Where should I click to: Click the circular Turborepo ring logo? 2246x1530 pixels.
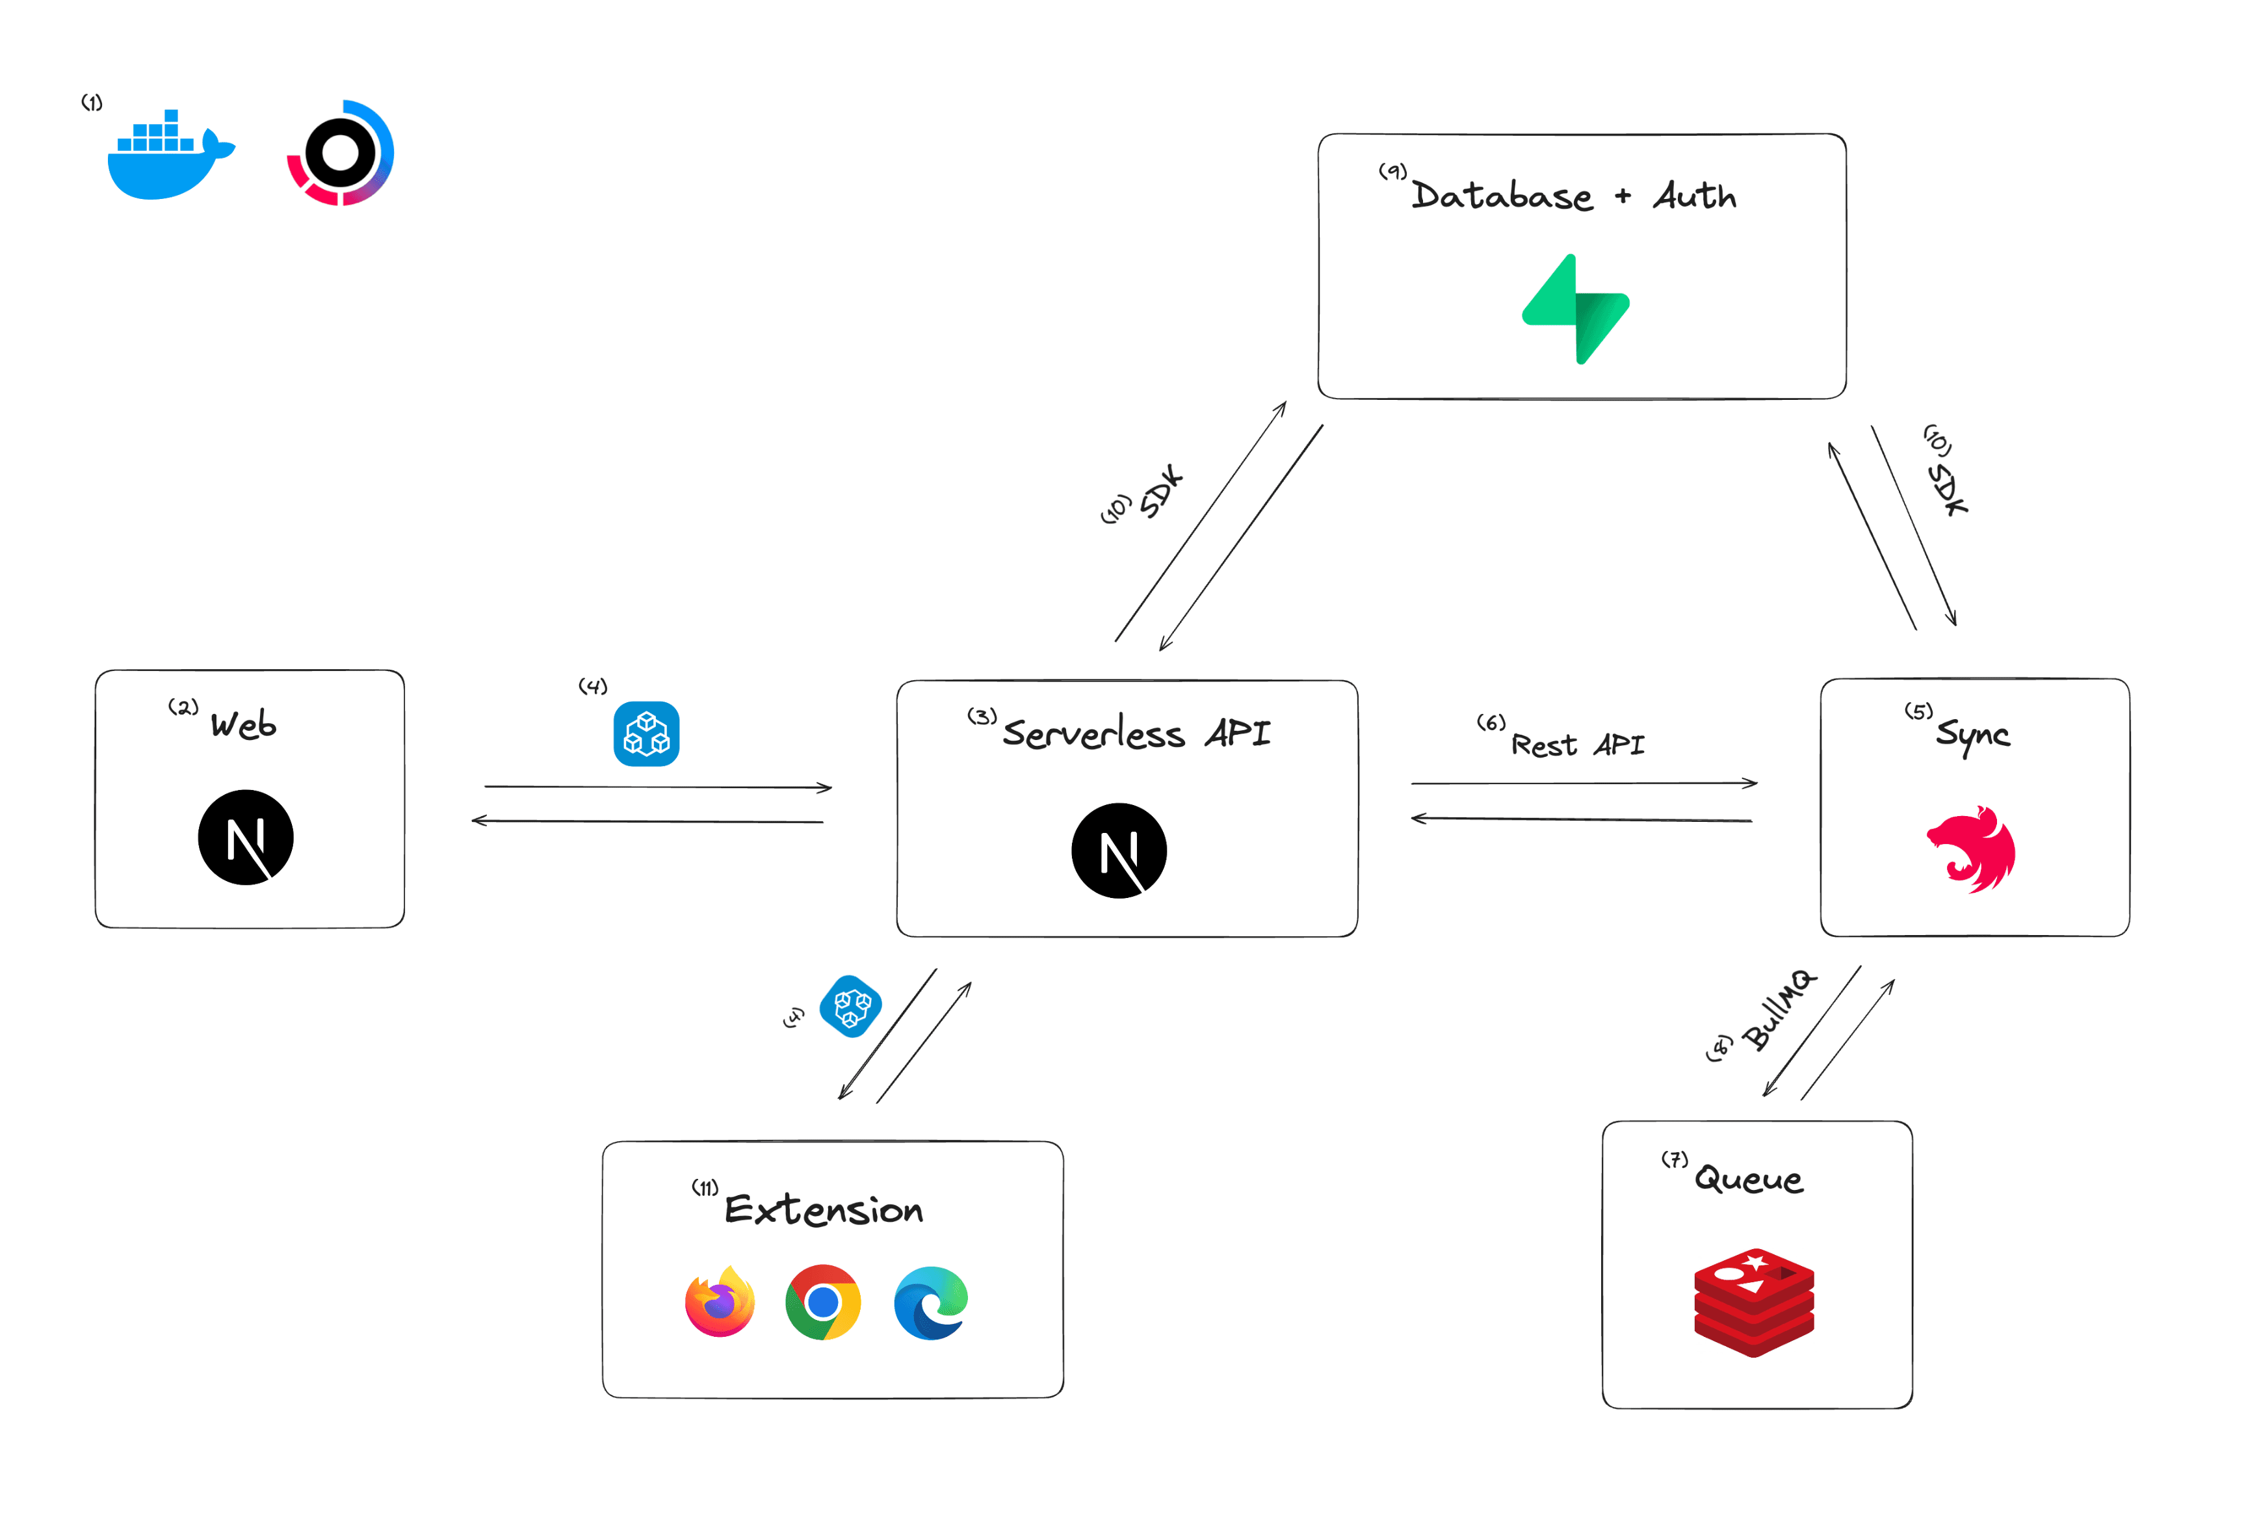point(340,153)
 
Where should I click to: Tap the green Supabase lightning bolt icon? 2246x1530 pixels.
point(1575,310)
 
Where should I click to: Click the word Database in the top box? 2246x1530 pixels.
point(1501,196)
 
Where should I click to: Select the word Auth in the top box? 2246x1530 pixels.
point(1694,196)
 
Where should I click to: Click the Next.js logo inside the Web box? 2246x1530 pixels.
point(246,837)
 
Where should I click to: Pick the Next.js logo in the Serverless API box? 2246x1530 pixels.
point(1119,851)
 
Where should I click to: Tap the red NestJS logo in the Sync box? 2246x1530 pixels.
point(1972,850)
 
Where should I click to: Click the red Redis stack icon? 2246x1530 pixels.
point(1753,1302)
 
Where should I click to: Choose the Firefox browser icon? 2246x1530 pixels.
point(720,1302)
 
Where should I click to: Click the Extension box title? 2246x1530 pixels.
point(824,1210)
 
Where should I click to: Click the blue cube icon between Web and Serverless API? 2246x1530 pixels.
point(647,733)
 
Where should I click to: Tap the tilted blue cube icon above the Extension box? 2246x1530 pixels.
point(850,1006)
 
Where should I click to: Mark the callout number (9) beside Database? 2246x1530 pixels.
point(1392,171)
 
